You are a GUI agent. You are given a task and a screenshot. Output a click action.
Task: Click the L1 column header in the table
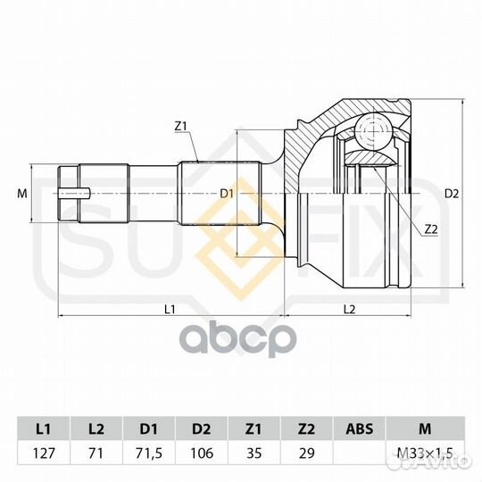pyautogui.click(x=42, y=428)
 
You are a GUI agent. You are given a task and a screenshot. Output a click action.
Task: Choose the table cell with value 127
pyautogui.click(x=42, y=453)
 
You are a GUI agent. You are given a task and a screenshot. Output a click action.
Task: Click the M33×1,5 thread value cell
pyautogui.click(x=420, y=453)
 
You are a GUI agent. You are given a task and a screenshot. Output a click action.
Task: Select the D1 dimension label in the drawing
pyautogui.click(x=226, y=193)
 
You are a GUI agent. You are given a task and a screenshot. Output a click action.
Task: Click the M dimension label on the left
pyautogui.click(x=22, y=193)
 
